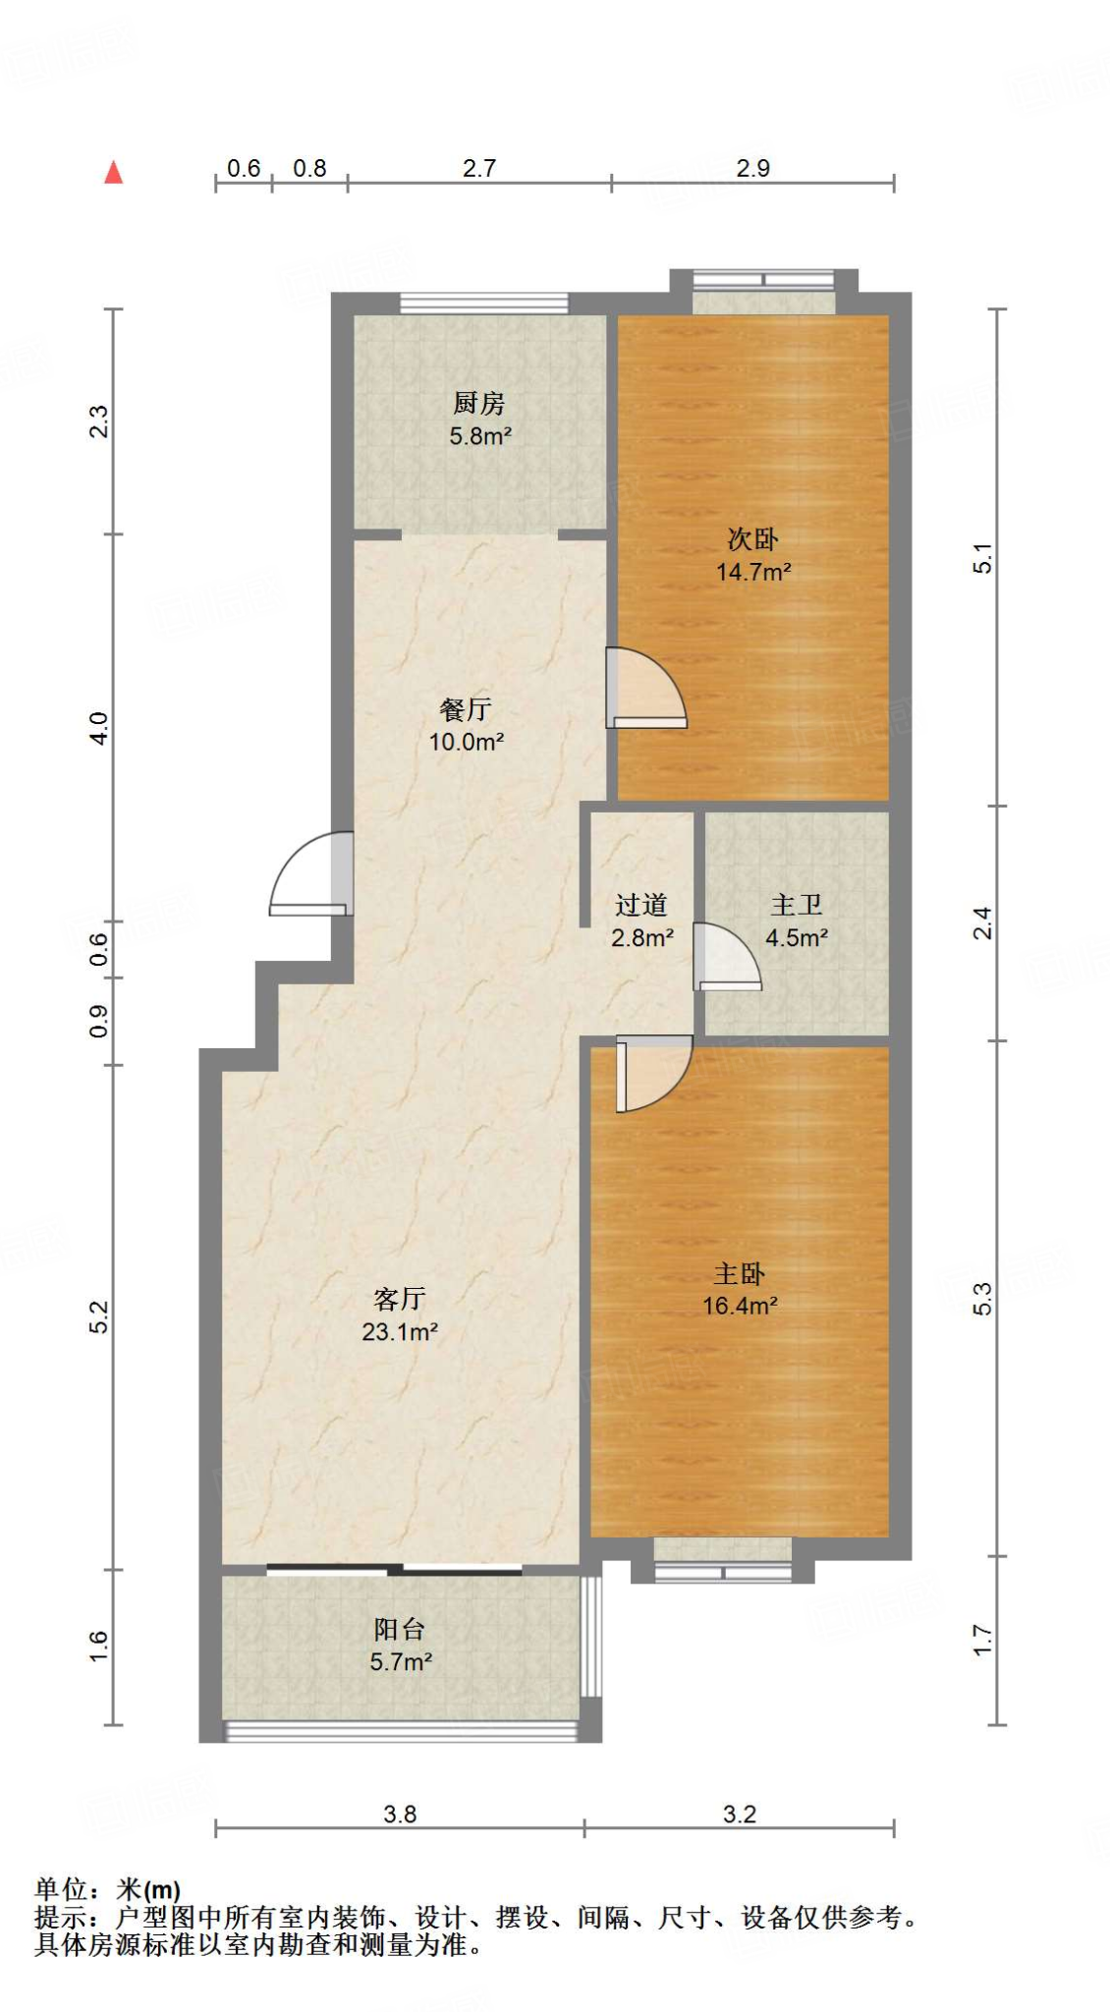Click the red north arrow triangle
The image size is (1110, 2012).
point(114,173)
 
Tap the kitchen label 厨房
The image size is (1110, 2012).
point(478,403)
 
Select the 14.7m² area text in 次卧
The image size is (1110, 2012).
point(753,572)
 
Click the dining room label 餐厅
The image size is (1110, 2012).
point(466,708)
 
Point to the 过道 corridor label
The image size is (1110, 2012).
point(641,904)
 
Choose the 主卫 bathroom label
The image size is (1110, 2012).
point(796,904)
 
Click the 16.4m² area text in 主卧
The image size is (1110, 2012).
point(740,1306)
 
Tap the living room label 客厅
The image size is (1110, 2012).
point(399,1299)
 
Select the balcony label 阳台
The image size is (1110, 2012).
point(399,1629)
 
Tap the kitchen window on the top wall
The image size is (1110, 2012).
point(483,304)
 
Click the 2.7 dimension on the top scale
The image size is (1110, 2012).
point(479,168)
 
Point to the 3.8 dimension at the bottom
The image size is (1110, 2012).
point(400,1814)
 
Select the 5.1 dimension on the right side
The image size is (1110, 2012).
point(982,558)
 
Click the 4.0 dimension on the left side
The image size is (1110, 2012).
point(99,728)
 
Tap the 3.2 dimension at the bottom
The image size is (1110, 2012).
point(739,1814)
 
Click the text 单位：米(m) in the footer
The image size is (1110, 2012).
point(108,1889)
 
